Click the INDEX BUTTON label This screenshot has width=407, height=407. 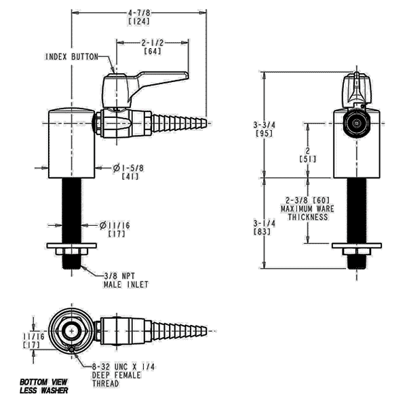tap(72, 57)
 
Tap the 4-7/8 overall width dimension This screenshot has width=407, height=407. tap(139, 12)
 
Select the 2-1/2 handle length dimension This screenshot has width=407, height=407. tap(153, 43)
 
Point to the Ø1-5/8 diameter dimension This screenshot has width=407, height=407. tap(128, 168)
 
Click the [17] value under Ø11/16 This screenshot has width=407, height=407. tap(117, 234)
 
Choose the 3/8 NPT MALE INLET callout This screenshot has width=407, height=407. tap(126, 280)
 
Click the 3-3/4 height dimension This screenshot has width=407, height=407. tap(265, 125)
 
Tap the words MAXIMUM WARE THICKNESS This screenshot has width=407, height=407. tap(307, 213)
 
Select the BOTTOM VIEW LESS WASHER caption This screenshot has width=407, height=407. tap(44, 386)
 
